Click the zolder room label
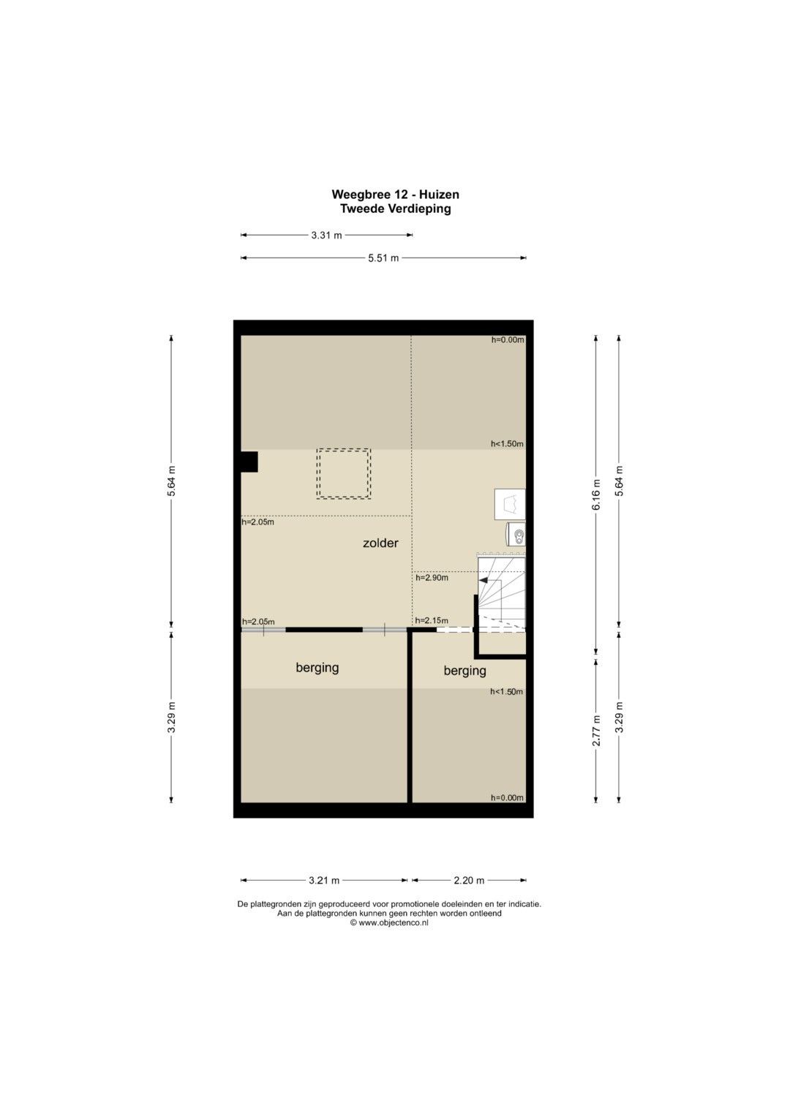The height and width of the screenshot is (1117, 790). click(380, 543)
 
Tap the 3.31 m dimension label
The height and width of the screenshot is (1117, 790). click(327, 236)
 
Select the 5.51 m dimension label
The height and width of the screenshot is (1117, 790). click(383, 258)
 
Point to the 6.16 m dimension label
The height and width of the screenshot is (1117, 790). click(596, 494)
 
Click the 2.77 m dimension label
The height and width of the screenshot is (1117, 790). click(596, 731)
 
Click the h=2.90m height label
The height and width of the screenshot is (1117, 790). click(432, 578)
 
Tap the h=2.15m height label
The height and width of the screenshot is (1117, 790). click(432, 621)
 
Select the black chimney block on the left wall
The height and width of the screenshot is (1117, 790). click(249, 462)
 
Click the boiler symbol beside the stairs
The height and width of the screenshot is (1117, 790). click(516, 534)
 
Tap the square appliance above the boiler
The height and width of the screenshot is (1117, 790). click(510, 504)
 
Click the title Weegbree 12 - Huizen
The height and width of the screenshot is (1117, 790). click(396, 194)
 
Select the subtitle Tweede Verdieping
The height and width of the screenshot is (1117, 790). click(396, 208)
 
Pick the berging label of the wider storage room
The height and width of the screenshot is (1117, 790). click(317, 667)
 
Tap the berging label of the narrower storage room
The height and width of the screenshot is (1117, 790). click(464, 671)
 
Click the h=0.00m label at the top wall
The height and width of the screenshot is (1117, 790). click(508, 340)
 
